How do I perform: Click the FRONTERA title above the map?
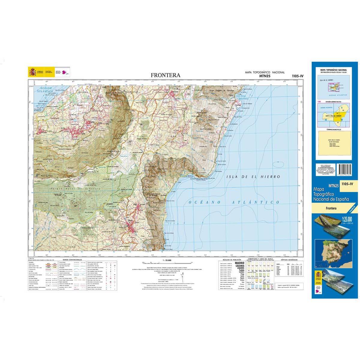pos(166,75)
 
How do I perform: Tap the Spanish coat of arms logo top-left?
pos(32,72)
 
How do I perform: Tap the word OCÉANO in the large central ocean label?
pos(203,203)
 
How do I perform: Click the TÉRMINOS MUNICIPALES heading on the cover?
pos(333,128)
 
